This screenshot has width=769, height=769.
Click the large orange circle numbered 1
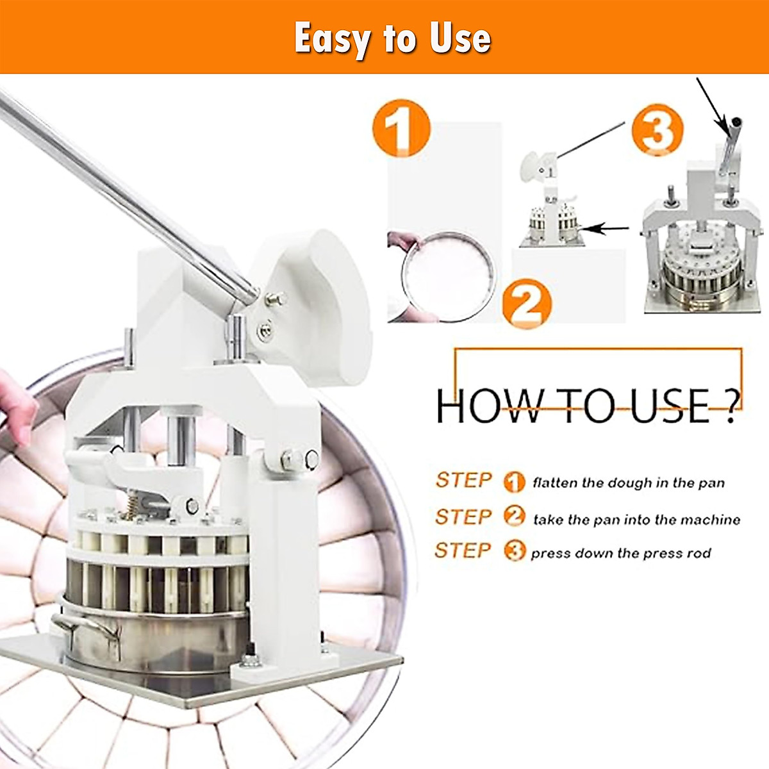click(401, 128)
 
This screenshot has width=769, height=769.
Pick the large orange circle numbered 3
click(657, 129)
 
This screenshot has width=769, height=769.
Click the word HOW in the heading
click(490, 406)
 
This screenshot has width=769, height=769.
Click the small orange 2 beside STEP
click(515, 516)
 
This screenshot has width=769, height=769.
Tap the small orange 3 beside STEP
click(515, 551)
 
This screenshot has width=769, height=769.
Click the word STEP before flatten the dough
click(463, 480)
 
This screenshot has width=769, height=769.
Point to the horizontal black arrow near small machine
click(604, 229)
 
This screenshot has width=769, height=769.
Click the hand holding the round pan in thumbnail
click(404, 241)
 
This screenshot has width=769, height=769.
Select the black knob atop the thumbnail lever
click(737, 121)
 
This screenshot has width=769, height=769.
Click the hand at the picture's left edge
click(18, 407)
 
